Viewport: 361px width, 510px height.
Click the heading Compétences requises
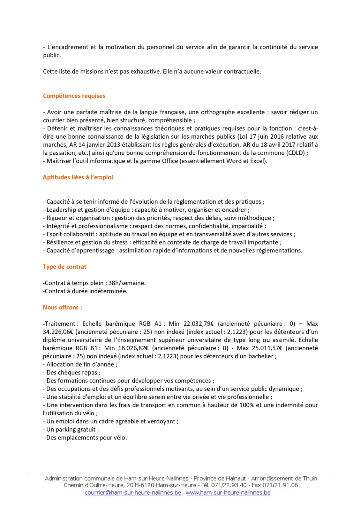[74, 96]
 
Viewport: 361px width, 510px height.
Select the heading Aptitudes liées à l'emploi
[78, 177]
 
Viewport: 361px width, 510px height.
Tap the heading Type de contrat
[64, 267]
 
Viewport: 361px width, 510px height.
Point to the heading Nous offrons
[62, 308]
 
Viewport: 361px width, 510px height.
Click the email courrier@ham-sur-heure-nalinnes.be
[133, 493]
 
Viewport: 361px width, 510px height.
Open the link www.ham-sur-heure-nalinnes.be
[228, 493]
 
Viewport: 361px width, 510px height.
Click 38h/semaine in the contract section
[127, 283]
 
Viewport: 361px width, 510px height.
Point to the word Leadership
[61, 210]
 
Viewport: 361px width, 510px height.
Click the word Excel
[257, 161]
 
